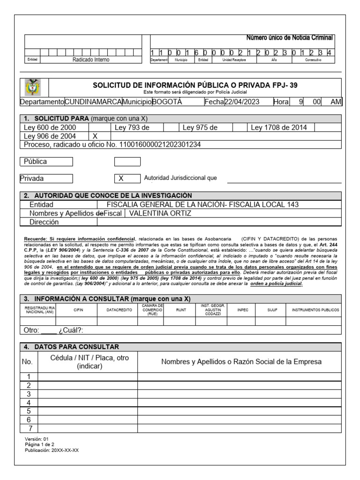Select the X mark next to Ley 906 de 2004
(x=95, y=136)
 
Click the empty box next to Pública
(x=127, y=162)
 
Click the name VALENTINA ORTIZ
(x=160, y=213)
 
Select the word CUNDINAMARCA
(x=93, y=103)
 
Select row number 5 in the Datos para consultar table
(x=29, y=411)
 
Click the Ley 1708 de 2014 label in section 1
(x=282, y=127)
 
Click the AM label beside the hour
(x=336, y=103)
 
